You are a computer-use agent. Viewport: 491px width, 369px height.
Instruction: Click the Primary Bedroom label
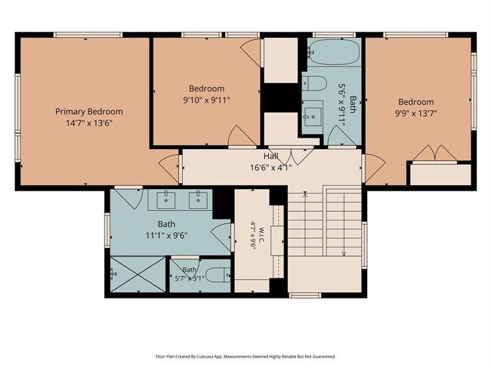pos(89,112)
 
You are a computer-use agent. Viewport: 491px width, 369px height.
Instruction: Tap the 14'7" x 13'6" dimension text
pos(89,123)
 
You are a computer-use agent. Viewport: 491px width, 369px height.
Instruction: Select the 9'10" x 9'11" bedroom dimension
pos(207,100)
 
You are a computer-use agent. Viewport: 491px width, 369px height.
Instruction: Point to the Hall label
pos(271,156)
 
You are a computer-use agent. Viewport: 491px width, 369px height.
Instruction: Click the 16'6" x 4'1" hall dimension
pos(271,167)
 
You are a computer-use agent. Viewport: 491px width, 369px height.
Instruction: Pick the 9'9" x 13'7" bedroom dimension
pos(416,113)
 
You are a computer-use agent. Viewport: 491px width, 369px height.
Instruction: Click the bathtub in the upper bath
pos(333,51)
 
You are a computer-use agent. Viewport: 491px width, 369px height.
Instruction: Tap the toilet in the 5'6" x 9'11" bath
pos(314,82)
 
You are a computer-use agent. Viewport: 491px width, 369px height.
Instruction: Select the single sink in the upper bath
pos(313,116)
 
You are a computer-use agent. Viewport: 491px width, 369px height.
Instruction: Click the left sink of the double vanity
pos(165,200)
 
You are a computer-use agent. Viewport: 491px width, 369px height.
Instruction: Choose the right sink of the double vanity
pos(198,200)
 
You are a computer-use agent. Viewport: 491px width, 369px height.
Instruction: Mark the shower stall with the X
pos(138,274)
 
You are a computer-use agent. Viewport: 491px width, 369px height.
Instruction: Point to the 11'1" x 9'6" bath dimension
pos(167,235)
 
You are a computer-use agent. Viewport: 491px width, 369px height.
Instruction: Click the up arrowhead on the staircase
pos(305,194)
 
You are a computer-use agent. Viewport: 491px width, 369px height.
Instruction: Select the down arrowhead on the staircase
pos(344,253)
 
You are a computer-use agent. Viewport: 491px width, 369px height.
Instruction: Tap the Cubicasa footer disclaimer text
pos(246,356)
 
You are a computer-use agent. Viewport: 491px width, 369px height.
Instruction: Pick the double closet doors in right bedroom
pos(434,153)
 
